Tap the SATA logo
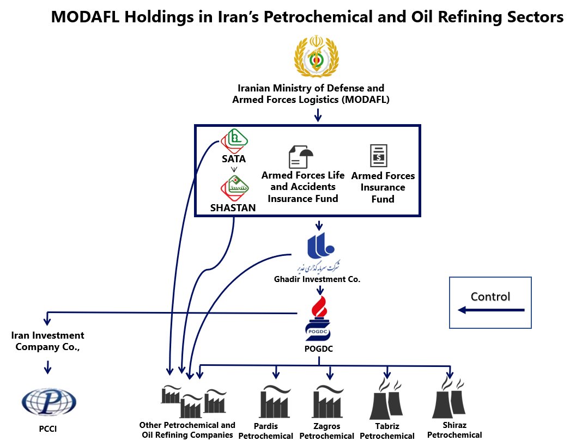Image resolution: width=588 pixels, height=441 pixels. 234,140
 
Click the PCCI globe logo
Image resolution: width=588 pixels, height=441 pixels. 48,401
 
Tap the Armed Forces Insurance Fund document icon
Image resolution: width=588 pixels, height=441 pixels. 378,156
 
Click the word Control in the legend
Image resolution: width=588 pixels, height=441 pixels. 490,297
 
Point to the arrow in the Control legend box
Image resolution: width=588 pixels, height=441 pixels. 490,310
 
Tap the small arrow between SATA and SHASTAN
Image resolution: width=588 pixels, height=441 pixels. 233,169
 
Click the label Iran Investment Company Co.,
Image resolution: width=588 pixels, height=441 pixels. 48,341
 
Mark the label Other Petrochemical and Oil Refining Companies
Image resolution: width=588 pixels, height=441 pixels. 187,430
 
